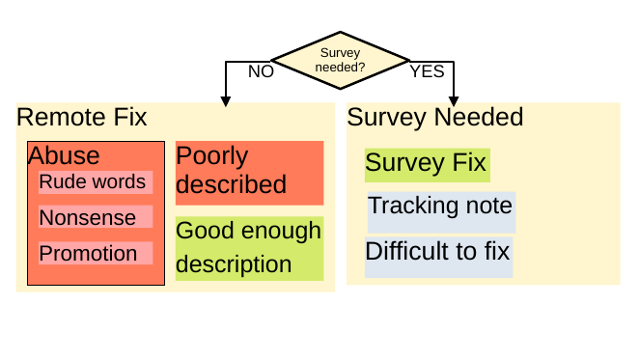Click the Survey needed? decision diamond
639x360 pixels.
point(340,60)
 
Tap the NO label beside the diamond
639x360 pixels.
point(261,71)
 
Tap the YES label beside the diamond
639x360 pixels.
point(427,71)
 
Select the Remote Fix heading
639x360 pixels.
point(82,118)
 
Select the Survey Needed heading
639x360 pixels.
point(434,118)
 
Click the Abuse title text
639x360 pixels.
point(64,156)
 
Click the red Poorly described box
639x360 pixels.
point(249,172)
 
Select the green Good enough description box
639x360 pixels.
point(249,248)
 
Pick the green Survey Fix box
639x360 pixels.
point(426,163)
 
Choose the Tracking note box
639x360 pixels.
point(440,207)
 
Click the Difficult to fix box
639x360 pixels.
point(437,253)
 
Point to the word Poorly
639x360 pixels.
point(212,156)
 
